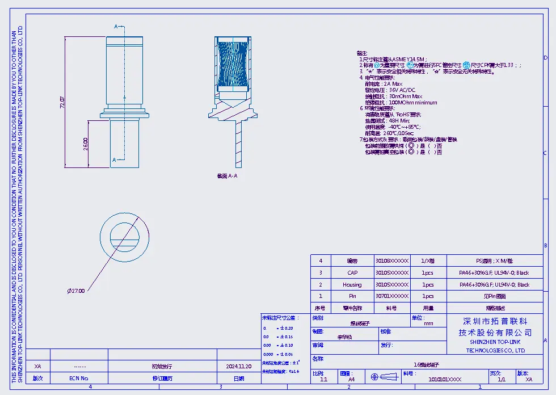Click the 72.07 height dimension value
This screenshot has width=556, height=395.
click(62, 102)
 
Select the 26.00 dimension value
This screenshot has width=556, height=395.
click(86, 144)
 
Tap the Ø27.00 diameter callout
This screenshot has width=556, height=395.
click(76, 291)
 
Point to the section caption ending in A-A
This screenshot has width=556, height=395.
click(226, 177)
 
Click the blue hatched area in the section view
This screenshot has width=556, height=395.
click(233, 65)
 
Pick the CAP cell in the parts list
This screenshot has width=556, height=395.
click(352, 273)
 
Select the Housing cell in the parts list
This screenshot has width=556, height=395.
click(352, 284)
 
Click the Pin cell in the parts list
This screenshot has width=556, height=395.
click(352, 296)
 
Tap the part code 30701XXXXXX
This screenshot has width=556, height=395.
click(391, 296)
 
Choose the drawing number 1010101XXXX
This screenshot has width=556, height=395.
click(445, 379)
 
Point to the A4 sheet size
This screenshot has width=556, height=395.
click(351, 379)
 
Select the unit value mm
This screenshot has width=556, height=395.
click(428, 323)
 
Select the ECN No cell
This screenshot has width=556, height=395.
click(79, 378)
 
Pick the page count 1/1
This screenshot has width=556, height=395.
click(501, 379)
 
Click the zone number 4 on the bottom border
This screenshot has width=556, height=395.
click(90, 387)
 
